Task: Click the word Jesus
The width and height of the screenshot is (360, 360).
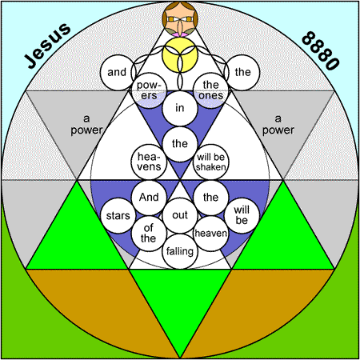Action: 47,46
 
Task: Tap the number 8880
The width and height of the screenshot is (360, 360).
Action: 321,50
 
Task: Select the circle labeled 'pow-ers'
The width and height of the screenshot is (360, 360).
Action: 149,90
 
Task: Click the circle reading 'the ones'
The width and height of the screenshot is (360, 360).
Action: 211,90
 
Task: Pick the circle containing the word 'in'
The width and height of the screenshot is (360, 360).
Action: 180,108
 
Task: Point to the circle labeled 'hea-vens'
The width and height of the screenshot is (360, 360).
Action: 149,162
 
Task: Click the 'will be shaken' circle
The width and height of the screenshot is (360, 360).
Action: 211,162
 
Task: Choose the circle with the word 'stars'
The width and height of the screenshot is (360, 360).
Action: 118,215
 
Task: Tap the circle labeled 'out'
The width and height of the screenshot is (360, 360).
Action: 180,215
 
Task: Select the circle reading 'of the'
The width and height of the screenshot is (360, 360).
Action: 149,234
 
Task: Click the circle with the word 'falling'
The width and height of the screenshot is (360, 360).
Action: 180,251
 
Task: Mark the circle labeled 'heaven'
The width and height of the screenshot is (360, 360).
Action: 211,234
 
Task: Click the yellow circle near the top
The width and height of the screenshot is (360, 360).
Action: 180,54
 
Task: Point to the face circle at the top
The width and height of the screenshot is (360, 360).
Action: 180,18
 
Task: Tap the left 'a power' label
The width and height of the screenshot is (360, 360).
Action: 86,125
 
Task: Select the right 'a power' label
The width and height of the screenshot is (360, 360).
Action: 278,125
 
